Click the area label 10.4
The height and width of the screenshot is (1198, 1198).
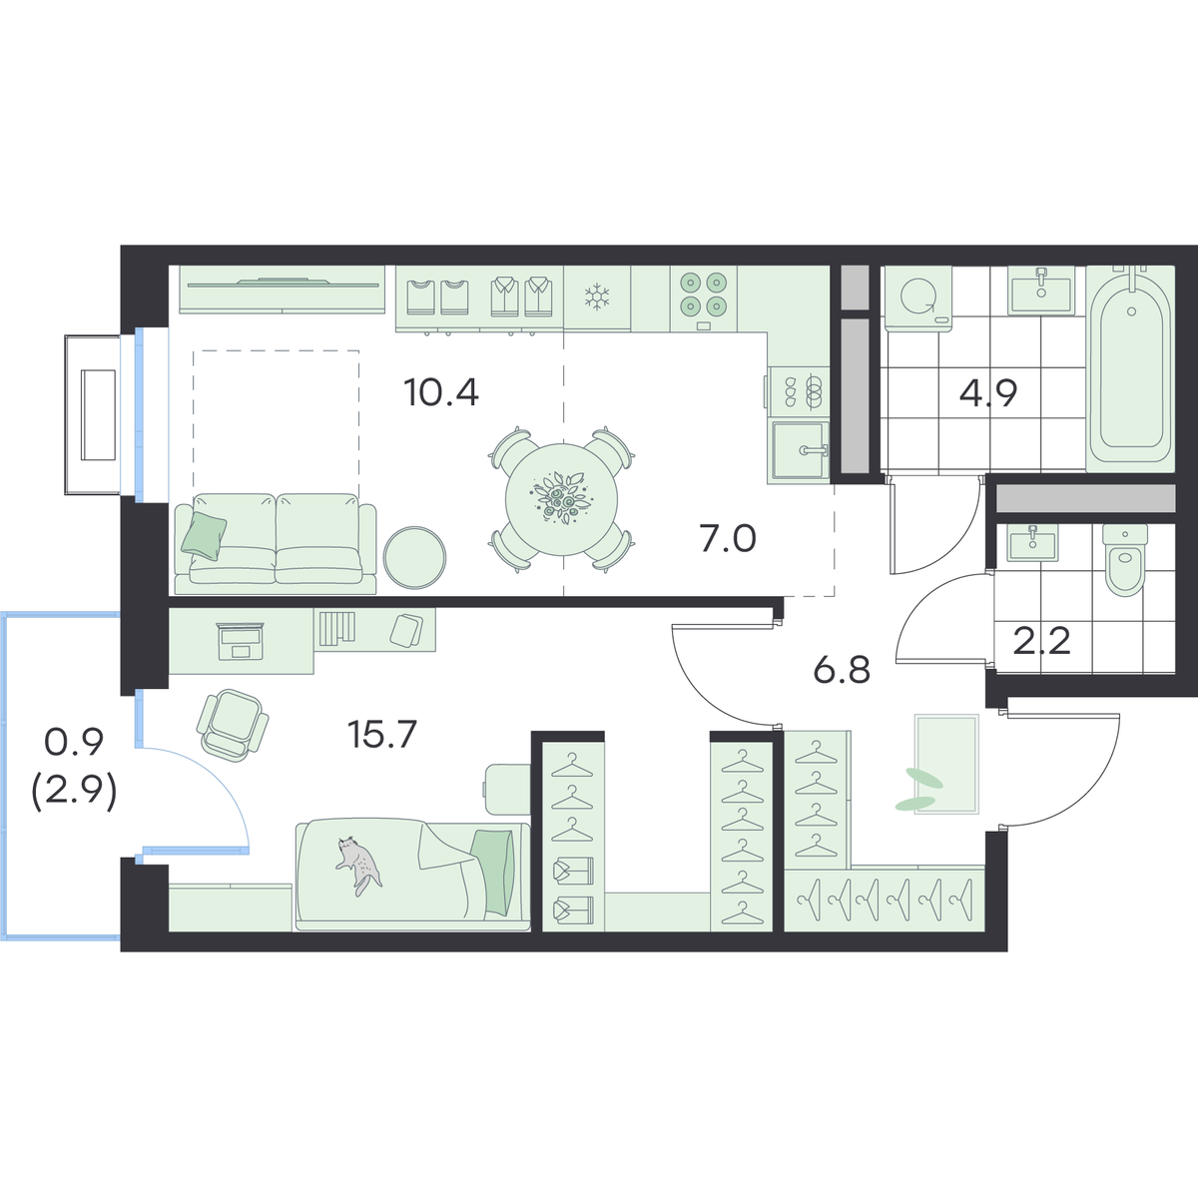tap(441, 392)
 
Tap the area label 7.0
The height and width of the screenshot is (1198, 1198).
tap(728, 538)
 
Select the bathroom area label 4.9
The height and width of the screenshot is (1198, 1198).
tap(988, 392)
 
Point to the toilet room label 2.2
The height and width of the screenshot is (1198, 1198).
tap(1041, 641)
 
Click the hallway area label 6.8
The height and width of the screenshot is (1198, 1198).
tap(842, 670)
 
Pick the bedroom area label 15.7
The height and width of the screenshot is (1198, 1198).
tap(381, 734)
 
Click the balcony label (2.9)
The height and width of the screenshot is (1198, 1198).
tap(74, 795)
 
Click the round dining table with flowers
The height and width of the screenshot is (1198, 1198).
tap(561, 499)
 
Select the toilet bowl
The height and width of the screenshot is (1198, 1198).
tap(1125, 558)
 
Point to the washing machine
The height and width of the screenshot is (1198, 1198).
tap(917, 298)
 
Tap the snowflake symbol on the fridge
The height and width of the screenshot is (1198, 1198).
tap(597, 297)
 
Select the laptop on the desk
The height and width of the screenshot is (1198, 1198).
tap(240, 641)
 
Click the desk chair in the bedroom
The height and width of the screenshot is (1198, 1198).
tap(232, 725)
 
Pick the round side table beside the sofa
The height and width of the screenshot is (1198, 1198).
tap(414, 558)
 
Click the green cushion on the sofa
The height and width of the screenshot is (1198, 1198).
tap(204, 536)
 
